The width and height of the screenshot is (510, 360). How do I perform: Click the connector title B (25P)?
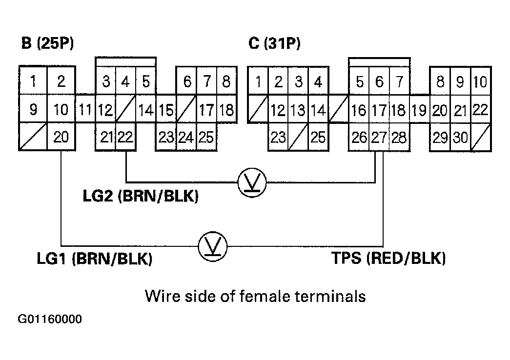pos(47,44)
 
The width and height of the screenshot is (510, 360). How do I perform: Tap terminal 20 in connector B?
pos(61,138)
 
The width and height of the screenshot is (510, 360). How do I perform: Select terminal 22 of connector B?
pos(125,138)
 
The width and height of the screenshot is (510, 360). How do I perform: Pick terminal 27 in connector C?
pos(379,138)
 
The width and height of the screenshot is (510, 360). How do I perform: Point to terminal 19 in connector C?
pos(419,110)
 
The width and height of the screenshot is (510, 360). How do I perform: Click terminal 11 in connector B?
pos(85,110)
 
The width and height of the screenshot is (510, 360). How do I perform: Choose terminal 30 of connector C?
pos(460,138)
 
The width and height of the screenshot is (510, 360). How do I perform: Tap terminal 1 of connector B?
pos(33,81)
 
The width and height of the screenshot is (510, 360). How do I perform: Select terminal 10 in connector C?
pos(481,81)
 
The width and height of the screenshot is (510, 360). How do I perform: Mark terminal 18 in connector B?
pos(226,110)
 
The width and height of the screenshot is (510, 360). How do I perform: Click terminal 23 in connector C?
pos(278,138)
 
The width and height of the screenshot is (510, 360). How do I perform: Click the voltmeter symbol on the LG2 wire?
pos(251,183)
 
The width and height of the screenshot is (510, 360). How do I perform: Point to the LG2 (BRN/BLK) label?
pos(141,198)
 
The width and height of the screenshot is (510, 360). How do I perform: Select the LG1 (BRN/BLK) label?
pos(95,259)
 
